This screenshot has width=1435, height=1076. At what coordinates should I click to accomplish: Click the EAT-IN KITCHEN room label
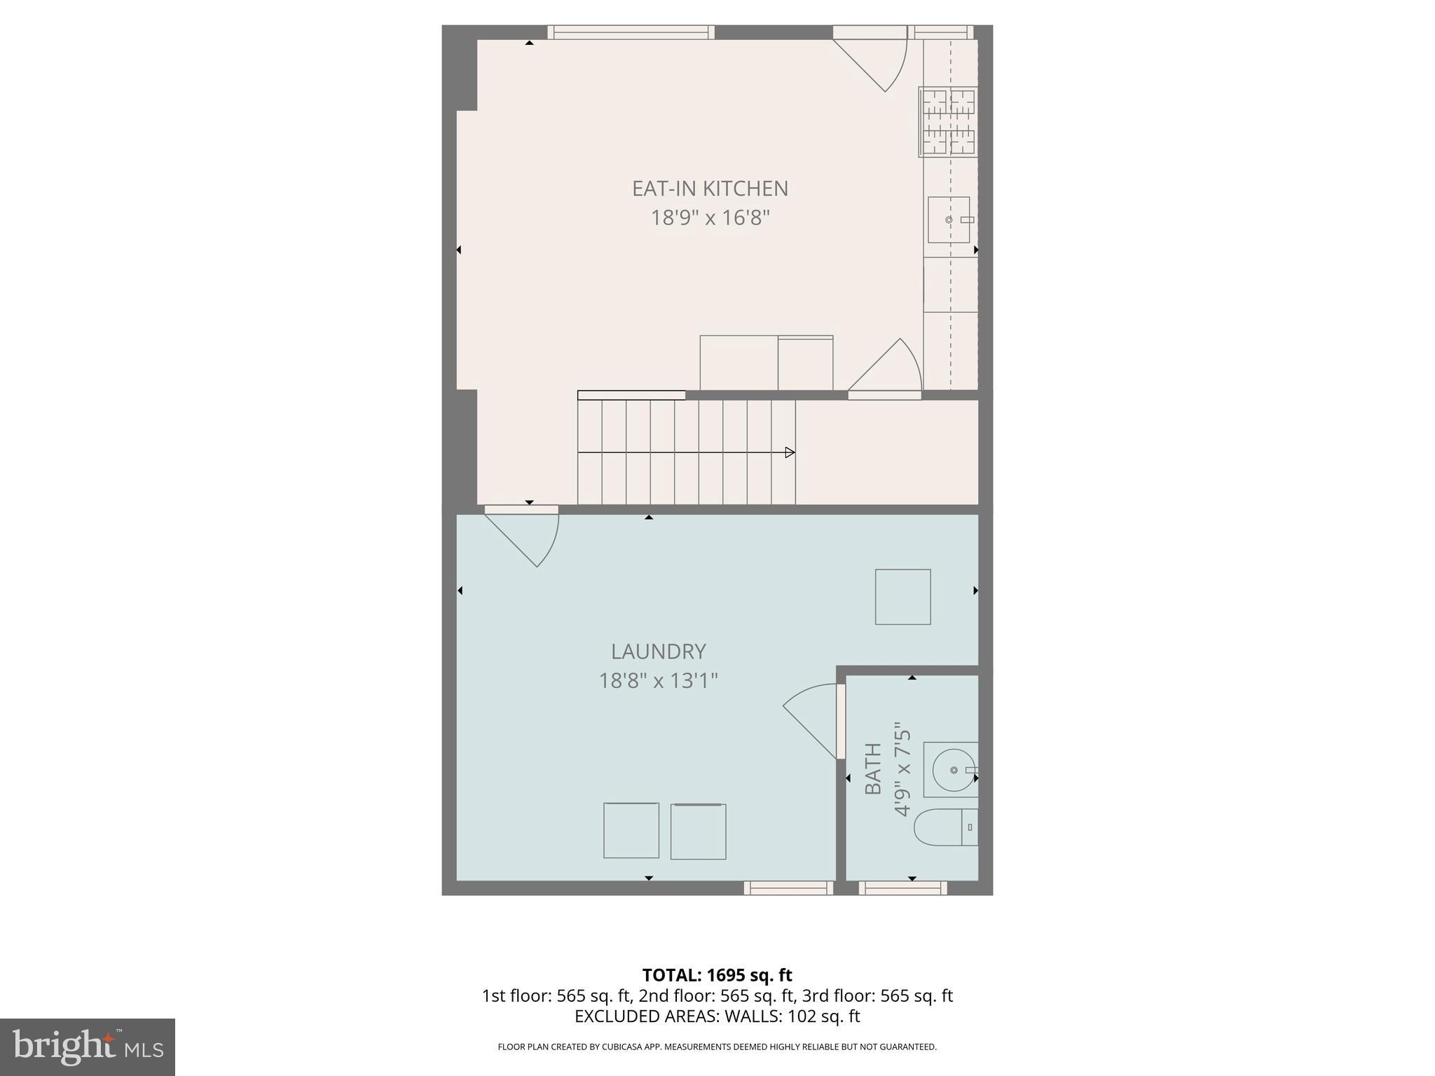(710, 188)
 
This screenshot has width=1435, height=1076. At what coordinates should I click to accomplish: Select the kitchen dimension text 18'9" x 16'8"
(710, 218)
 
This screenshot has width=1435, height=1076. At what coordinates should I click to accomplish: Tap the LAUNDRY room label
(658, 651)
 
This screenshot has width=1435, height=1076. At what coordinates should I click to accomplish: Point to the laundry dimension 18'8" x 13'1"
(658, 680)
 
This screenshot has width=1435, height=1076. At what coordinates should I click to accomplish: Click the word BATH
(873, 768)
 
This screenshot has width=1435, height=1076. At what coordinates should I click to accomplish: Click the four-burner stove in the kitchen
(948, 122)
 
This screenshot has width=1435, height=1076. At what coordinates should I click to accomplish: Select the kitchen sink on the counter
(948, 220)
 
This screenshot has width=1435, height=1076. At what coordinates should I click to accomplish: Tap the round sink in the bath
(953, 770)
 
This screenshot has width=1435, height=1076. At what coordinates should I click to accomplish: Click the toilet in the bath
(946, 827)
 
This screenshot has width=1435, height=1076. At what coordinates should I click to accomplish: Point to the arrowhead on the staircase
(790, 453)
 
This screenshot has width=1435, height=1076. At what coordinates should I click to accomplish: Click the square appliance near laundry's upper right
(902, 597)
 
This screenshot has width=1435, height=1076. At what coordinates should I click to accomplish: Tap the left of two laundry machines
(631, 831)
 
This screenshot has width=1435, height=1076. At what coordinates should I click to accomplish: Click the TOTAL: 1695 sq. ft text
(717, 975)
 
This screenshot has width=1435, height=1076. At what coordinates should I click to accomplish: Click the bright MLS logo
(87, 1047)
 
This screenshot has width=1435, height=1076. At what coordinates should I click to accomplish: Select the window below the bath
(902, 888)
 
